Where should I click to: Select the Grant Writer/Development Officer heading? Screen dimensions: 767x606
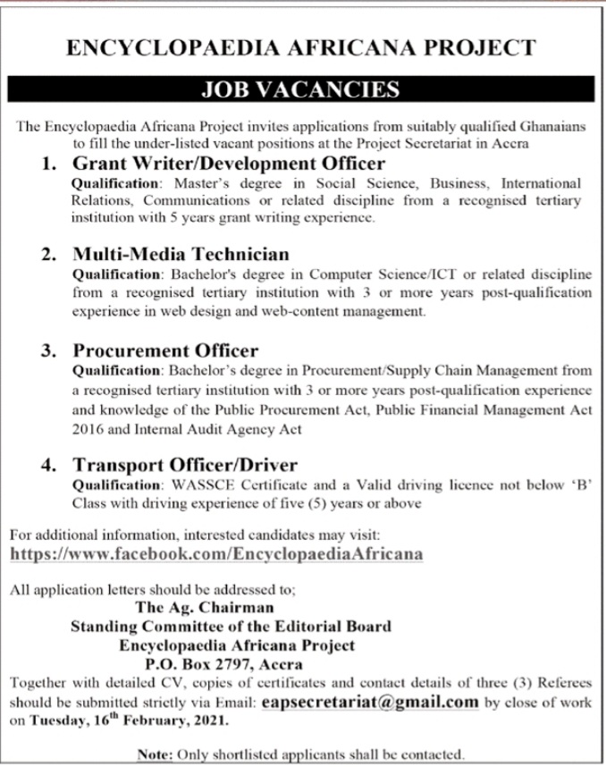(228, 164)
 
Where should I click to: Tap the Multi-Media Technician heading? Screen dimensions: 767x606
(180, 254)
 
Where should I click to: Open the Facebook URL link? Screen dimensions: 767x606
(215, 553)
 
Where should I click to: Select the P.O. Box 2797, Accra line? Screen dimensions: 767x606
(223, 663)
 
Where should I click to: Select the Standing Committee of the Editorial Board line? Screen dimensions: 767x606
(231, 626)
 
